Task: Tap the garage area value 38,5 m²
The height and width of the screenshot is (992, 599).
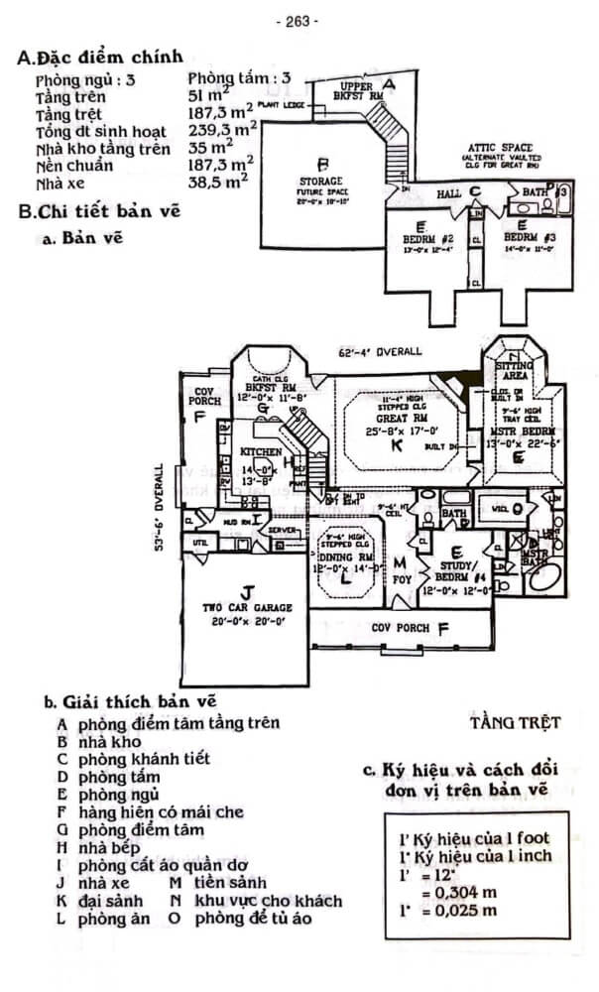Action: (x=218, y=183)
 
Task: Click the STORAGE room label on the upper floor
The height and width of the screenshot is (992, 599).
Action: (x=320, y=183)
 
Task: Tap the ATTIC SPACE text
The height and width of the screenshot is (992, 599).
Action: (x=500, y=148)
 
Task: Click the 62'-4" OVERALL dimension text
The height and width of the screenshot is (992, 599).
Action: (x=380, y=351)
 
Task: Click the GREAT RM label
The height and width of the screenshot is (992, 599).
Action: (x=395, y=420)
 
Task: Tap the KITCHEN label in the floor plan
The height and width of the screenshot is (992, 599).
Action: (x=262, y=452)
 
